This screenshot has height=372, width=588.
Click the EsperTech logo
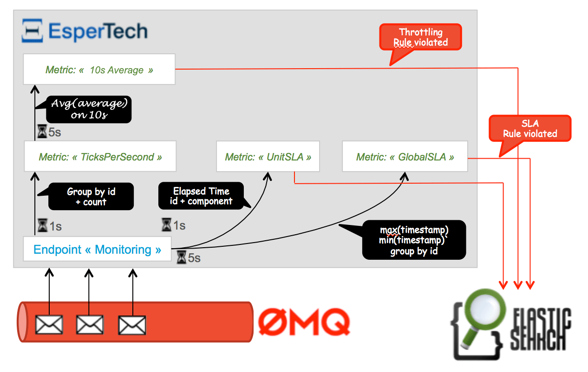[85, 31]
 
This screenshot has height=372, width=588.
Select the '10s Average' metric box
[99, 70]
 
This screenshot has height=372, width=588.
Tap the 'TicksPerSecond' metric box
[100, 157]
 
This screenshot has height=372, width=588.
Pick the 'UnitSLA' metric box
[268, 157]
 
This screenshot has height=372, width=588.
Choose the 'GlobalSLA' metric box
[405, 157]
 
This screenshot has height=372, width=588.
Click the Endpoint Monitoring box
[97, 250]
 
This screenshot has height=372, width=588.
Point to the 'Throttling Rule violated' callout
[420, 37]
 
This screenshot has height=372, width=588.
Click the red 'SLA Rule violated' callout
[530, 128]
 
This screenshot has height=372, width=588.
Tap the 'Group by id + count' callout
[91, 197]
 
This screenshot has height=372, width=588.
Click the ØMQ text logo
[304, 321]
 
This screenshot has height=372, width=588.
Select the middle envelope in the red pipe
[90, 324]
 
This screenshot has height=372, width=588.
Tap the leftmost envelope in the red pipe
[49, 324]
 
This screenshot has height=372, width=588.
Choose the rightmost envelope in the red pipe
[132, 324]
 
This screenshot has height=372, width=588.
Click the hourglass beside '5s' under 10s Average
[42, 132]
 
